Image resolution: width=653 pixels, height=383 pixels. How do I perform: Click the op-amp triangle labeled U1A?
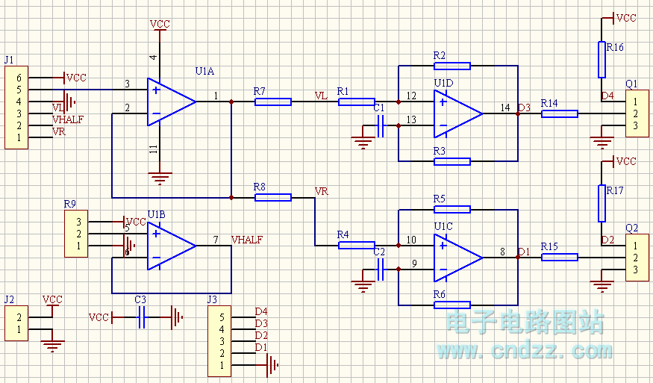[x=170, y=101]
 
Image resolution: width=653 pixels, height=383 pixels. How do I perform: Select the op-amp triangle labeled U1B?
[x=170, y=246]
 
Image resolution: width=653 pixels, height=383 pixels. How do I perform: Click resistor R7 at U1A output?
[x=272, y=102]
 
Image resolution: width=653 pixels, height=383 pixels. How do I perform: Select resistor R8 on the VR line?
[x=272, y=197]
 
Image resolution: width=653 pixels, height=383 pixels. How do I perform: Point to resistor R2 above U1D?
[x=452, y=66]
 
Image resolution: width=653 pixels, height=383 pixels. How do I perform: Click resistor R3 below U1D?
[x=452, y=161]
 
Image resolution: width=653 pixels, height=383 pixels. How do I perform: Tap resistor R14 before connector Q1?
[x=559, y=113]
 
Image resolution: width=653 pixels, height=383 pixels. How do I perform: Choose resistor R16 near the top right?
[x=602, y=59]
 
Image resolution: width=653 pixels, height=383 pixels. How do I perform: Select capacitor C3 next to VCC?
[x=141, y=317]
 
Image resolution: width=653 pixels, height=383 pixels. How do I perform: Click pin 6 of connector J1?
[x=19, y=78]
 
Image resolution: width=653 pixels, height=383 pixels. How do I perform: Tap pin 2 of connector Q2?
[x=634, y=258]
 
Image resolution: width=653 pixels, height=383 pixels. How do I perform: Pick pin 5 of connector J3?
[x=220, y=317]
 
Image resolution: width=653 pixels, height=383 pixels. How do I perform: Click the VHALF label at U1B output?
[x=246, y=240]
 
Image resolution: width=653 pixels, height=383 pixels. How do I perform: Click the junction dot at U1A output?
[x=231, y=102]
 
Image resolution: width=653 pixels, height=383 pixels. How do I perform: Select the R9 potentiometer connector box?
[x=76, y=234]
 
